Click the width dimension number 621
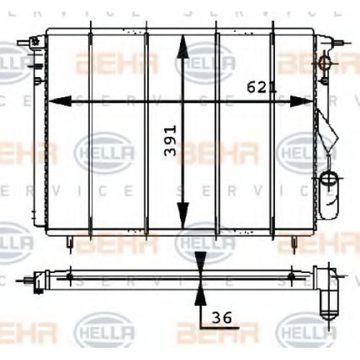[262, 87]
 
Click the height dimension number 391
[170, 140]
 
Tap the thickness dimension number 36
[222, 318]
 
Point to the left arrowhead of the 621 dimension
[60, 102]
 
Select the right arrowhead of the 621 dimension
[302, 102]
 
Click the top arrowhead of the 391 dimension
[183, 46]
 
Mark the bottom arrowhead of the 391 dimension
[183, 215]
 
